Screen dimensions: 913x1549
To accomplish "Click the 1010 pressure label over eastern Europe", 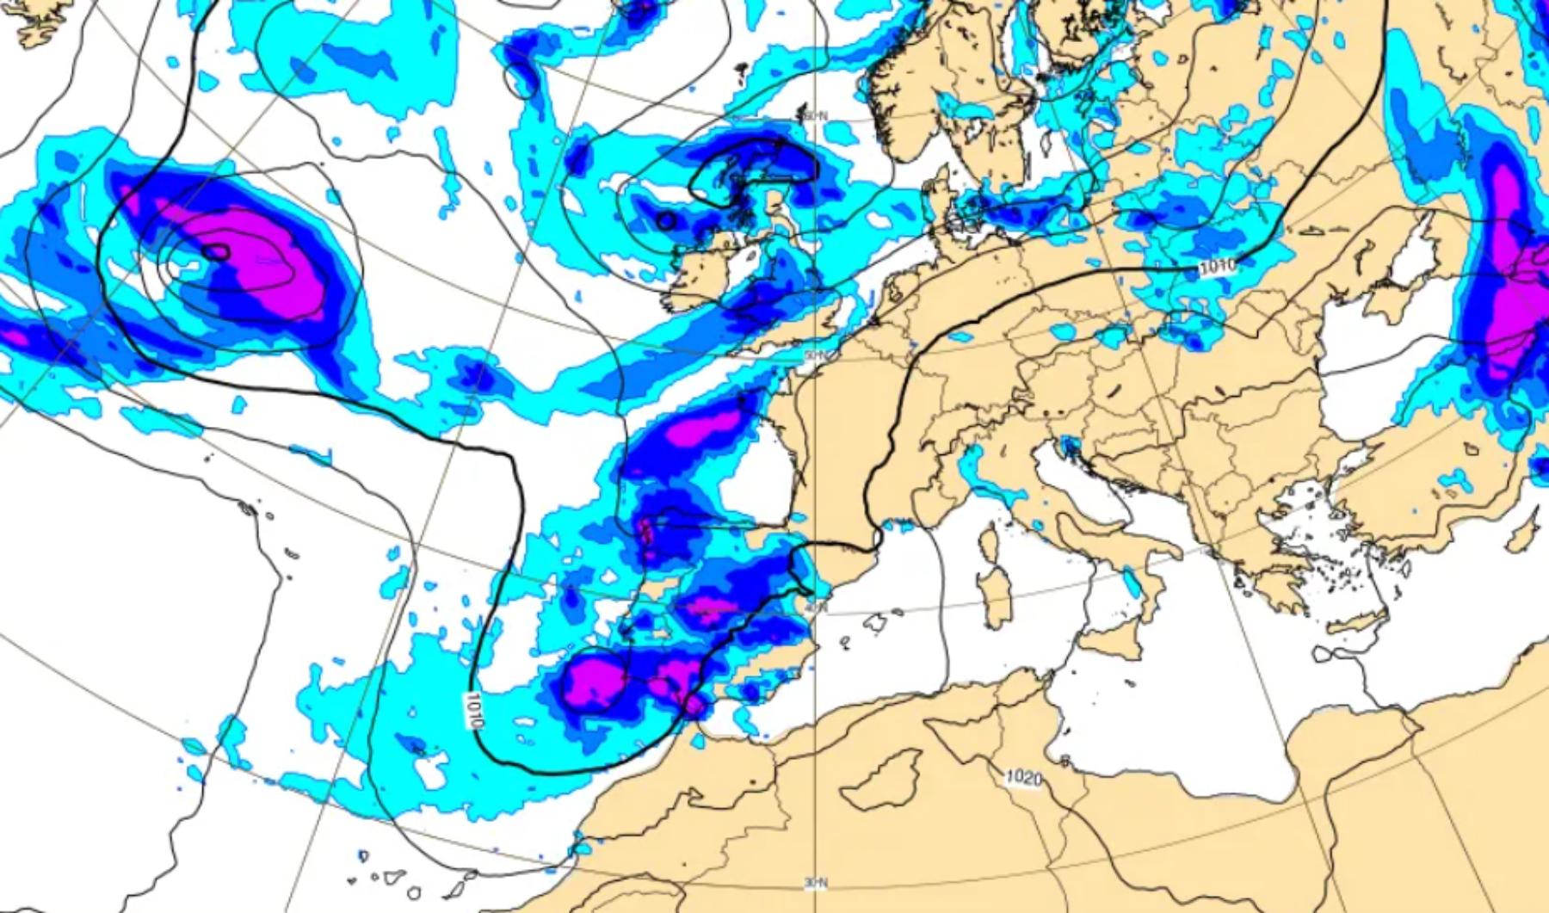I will pyautogui.click(x=1216, y=266).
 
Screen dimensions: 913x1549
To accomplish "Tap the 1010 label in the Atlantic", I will pyautogui.click(x=472, y=711).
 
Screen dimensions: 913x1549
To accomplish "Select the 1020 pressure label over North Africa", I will pyautogui.click(x=1023, y=778).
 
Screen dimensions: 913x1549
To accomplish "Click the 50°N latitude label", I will pyautogui.click(x=815, y=355).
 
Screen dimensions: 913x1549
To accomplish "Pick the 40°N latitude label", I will pyautogui.click(x=815, y=608).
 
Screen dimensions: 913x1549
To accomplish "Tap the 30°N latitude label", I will pyautogui.click(x=815, y=883).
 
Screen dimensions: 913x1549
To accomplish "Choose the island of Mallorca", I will pyautogui.click(x=877, y=620).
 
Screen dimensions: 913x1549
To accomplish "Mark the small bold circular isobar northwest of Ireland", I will pyautogui.click(x=665, y=220).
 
